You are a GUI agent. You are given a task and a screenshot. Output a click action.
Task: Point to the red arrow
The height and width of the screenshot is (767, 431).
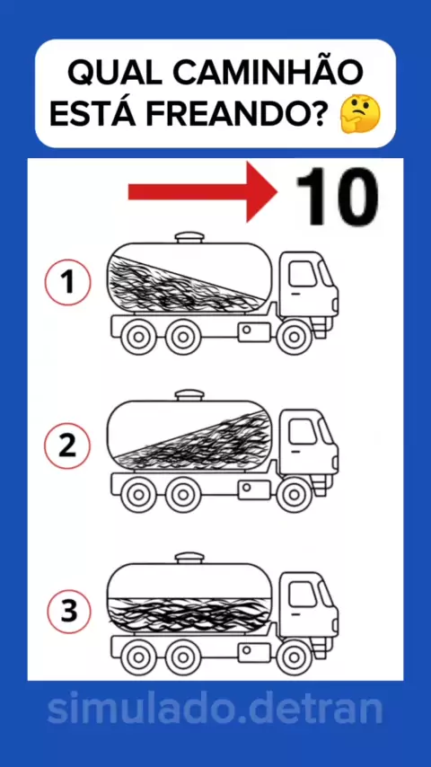[x=203, y=192]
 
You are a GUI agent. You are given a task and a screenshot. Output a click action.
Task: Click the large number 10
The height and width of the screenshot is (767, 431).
[x=337, y=197]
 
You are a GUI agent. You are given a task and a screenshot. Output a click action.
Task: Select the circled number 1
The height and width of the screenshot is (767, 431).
[x=67, y=282]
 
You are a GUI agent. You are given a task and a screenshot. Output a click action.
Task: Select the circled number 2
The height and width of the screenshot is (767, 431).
[x=67, y=445]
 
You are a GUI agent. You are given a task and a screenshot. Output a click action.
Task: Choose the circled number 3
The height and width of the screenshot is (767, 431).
[x=69, y=612]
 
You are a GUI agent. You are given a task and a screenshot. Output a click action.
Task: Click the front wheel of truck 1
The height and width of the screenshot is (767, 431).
[x=294, y=337]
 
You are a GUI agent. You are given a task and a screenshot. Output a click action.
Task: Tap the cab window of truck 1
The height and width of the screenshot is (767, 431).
[x=302, y=273]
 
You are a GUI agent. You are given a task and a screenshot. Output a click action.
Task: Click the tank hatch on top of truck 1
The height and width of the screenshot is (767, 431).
[x=189, y=237]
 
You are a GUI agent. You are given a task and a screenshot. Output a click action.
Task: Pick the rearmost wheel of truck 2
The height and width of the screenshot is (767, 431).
[x=138, y=495]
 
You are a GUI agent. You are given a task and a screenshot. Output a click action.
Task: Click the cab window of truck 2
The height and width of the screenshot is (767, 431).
[x=302, y=431]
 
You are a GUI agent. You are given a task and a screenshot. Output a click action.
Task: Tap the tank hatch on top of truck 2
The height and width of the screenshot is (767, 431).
[x=189, y=395]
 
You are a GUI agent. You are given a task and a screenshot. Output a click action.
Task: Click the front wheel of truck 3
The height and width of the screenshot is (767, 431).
[x=294, y=657]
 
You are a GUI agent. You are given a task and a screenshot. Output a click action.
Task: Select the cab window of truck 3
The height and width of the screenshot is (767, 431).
[x=302, y=594]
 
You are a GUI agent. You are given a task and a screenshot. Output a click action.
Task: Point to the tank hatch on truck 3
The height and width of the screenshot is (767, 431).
[x=189, y=558]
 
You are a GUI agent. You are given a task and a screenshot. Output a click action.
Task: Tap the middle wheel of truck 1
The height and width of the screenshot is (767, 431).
[x=183, y=337]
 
